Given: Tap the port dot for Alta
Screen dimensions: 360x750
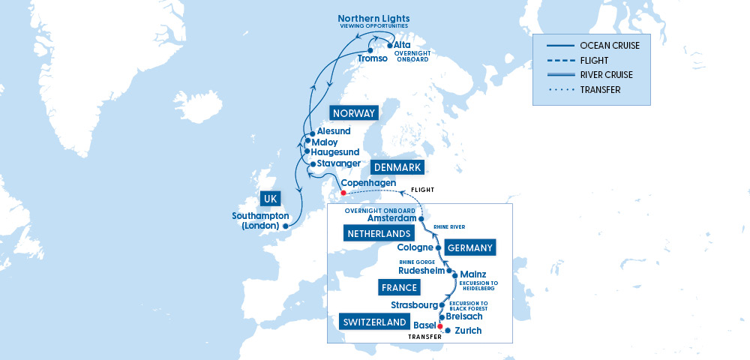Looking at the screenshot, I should [x=388, y=45].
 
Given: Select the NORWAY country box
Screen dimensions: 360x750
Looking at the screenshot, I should [x=352, y=113].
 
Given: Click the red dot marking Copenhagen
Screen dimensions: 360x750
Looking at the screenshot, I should [x=343, y=193].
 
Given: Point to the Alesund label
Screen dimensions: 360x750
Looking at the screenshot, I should [x=334, y=131].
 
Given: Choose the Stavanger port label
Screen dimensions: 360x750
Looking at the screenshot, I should [x=340, y=163].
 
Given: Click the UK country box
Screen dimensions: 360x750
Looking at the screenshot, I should [x=271, y=199].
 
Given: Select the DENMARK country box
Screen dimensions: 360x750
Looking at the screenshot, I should [x=397, y=167].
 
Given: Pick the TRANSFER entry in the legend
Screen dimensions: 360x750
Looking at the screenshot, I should [x=600, y=90].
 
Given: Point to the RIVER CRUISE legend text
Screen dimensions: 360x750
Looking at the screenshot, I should [x=606, y=75].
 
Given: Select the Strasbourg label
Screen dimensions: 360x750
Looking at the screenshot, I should [x=414, y=305].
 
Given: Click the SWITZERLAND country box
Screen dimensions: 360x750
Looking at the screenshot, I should [x=373, y=322].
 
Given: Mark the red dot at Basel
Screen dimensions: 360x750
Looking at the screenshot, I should [x=439, y=326].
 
